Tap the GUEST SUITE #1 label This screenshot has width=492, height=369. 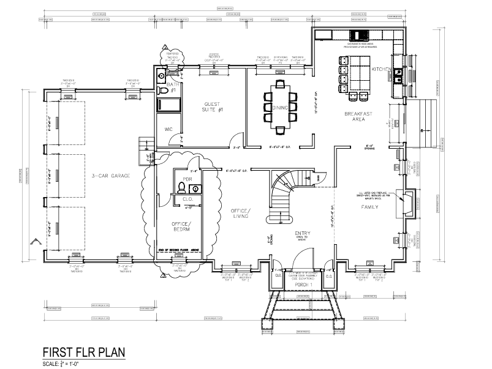tap(212, 106)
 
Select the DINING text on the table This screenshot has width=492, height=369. tap(272, 108)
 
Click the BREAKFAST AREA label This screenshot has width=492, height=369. tap(354, 116)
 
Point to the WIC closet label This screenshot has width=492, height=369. tap(168, 130)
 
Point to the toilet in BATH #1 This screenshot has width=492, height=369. tap(164, 91)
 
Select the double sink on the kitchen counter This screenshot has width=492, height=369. tap(398, 75)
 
